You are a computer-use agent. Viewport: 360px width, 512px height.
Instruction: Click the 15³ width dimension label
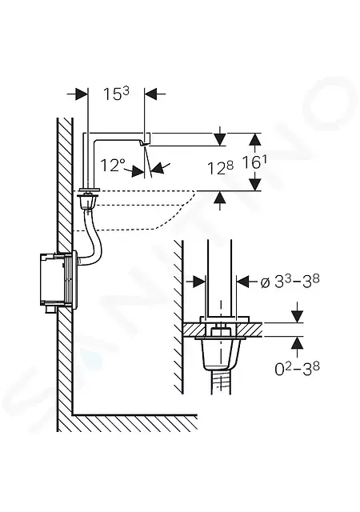pyautogui.click(x=116, y=94)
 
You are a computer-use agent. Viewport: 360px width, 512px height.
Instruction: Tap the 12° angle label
pyautogui.click(x=113, y=166)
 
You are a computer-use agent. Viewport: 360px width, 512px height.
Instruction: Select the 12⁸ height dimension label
pyautogui.click(x=221, y=168)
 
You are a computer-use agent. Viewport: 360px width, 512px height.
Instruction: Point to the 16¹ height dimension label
pyautogui.click(x=254, y=162)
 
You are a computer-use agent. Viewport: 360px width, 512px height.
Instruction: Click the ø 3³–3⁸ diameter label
pyautogui.click(x=290, y=281)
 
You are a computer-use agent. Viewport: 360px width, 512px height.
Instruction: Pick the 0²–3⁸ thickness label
pyautogui.click(x=297, y=369)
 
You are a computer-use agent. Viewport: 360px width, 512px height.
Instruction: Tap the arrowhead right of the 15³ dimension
pyautogui.click(x=150, y=94)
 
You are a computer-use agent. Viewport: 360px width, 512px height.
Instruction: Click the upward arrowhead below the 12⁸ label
pyautogui.click(x=221, y=198)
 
